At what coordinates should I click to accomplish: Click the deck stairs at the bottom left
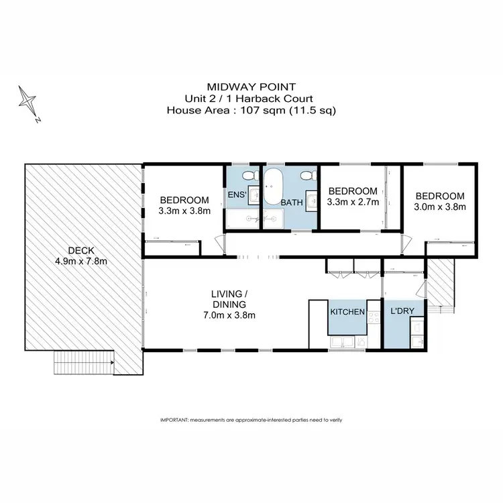(83, 365)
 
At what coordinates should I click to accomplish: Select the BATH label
(292, 202)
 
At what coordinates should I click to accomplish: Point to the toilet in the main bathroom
(308, 176)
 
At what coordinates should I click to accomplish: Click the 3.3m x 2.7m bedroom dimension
(353, 201)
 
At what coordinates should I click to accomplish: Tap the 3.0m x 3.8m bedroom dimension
(441, 207)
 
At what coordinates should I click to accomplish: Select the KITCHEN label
(347, 312)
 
